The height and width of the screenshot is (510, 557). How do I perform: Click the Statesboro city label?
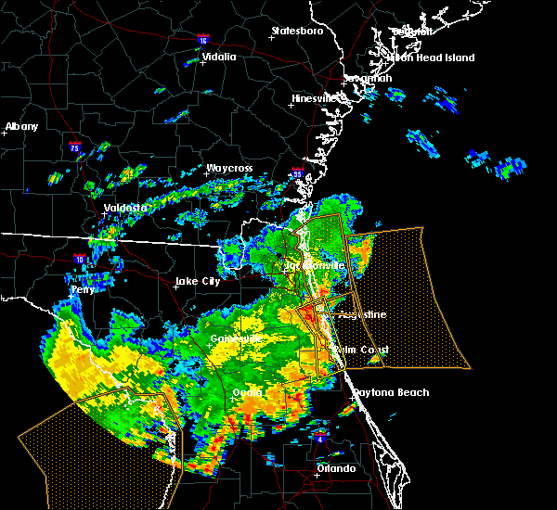coord(297,31)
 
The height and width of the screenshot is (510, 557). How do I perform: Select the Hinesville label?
coord(318,98)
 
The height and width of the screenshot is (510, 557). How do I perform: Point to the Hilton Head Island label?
coord(432,57)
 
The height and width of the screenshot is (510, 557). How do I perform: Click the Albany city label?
coord(22,126)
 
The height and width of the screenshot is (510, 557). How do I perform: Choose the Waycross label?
coord(229,169)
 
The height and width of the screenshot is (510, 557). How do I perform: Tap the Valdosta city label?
coord(126,208)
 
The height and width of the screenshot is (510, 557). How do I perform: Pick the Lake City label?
coord(198,281)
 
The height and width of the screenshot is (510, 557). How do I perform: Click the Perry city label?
coord(84,290)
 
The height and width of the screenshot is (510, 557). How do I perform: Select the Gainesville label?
coord(236,338)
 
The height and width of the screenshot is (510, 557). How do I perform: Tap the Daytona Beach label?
coord(391,392)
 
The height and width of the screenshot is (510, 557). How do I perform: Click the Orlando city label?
coord(336,468)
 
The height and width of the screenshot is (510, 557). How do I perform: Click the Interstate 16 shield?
coord(203,41)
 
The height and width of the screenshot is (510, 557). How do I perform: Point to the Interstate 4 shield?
coord(320,434)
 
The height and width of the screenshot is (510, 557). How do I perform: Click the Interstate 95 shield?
coord(297,173)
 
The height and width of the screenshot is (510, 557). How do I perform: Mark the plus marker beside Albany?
coord(5,134)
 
